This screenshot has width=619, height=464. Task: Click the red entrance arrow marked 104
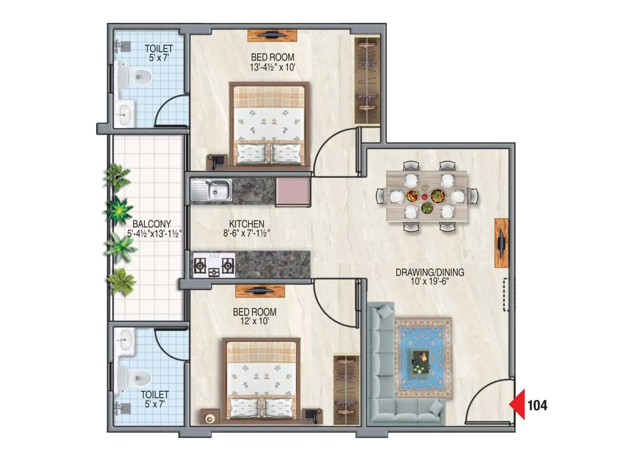click(x=518, y=404)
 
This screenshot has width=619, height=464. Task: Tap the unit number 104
click(x=537, y=405)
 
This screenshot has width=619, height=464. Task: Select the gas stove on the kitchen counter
click(x=214, y=265)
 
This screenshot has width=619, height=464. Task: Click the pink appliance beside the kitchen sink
click(x=293, y=192)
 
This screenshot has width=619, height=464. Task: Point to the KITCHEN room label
click(x=246, y=224)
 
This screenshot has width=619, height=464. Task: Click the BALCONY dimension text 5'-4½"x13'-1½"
click(x=154, y=234)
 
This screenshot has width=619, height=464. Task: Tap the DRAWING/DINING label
click(x=429, y=272)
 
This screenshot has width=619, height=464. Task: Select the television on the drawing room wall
click(x=501, y=243)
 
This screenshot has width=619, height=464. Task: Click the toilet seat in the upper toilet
click(x=140, y=77)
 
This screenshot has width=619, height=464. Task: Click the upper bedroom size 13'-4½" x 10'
click(x=272, y=67)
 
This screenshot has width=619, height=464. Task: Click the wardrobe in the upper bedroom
click(x=367, y=80)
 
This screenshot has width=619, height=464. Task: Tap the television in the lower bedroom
click(x=260, y=291)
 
